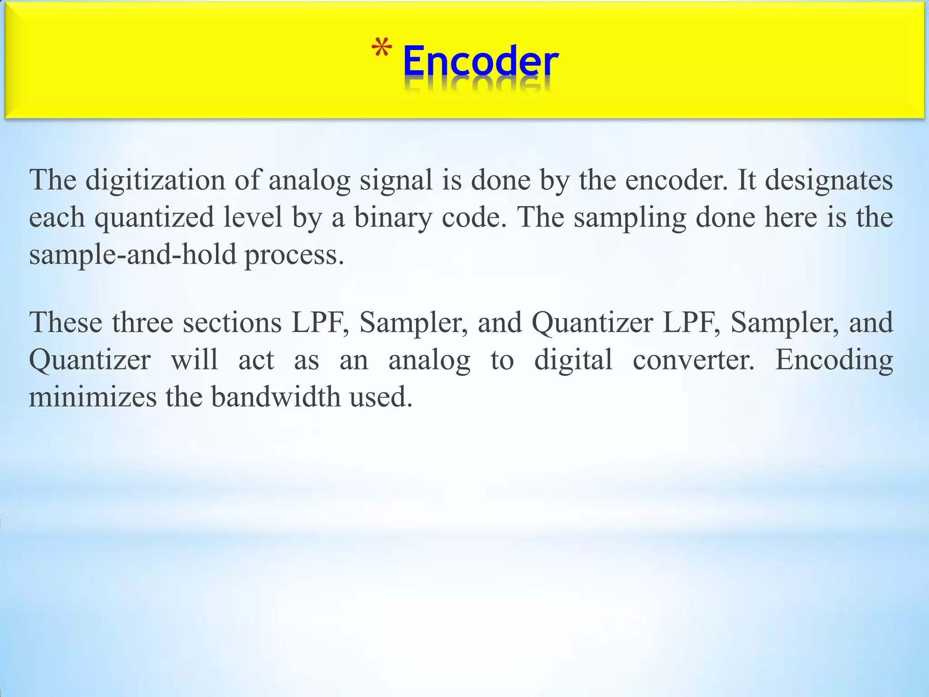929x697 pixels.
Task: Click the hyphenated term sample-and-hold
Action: [133, 255]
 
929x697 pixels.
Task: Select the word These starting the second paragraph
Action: [66, 323]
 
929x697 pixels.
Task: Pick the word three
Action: [142, 323]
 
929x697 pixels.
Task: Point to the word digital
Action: [573, 360]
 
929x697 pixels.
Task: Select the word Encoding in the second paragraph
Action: [834, 360]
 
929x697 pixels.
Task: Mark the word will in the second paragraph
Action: [194, 360]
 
